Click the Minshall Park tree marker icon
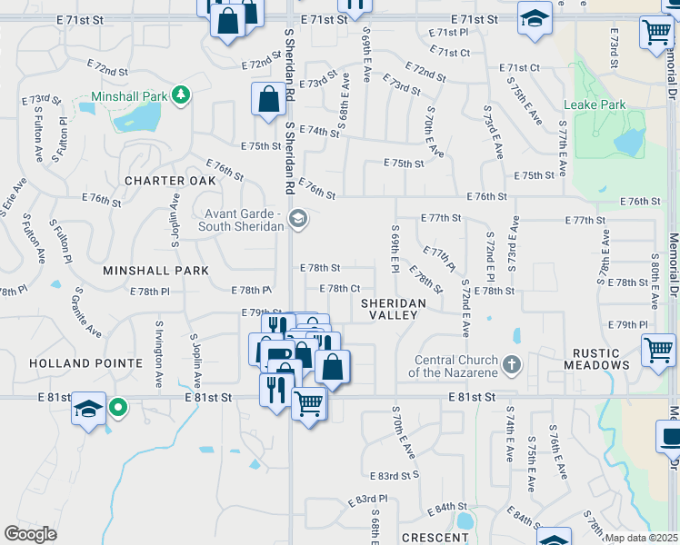182,95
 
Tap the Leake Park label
595,104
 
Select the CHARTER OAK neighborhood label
170,180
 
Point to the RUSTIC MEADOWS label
595,358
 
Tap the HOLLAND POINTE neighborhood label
74,362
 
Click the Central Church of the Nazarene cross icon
511,365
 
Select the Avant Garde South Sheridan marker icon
296,217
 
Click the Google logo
30,534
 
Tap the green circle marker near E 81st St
117,408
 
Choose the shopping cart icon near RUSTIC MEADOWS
658,350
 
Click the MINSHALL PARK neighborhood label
155,271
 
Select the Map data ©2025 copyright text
641,538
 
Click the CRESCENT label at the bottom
434,538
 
